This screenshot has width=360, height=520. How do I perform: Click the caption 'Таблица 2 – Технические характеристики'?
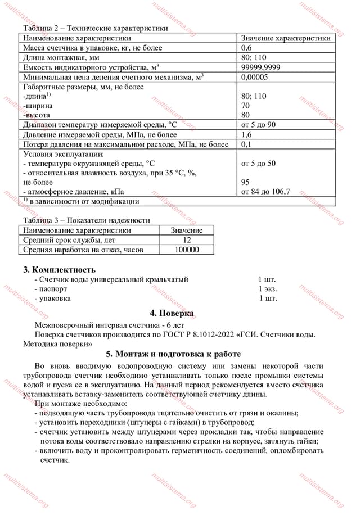(95, 28)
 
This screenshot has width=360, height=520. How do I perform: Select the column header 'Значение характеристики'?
(285, 38)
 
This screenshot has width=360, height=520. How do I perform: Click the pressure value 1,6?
(246, 135)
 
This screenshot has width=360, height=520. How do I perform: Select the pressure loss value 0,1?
(246, 144)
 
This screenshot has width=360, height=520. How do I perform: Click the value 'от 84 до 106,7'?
(265, 192)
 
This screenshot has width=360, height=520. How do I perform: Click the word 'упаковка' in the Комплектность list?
(55, 299)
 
